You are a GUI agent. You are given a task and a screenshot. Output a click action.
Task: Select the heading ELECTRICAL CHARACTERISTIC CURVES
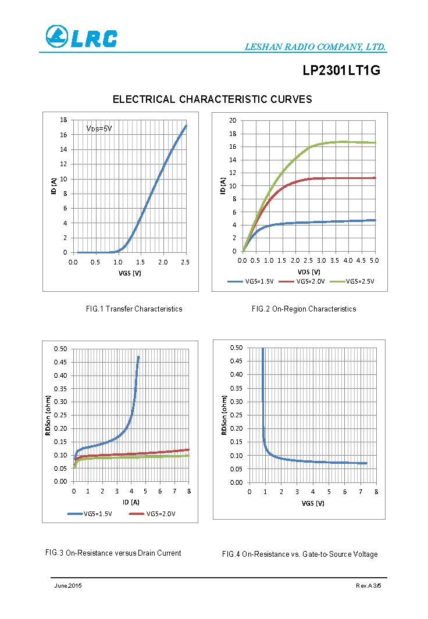click(x=212, y=99)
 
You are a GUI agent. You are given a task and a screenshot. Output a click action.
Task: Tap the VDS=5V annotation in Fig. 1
click(x=99, y=128)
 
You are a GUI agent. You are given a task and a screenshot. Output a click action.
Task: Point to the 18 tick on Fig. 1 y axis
click(x=63, y=120)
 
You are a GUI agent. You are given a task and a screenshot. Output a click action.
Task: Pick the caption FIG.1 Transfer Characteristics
click(x=134, y=309)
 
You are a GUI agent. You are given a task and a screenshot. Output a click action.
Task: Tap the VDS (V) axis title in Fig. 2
click(x=308, y=271)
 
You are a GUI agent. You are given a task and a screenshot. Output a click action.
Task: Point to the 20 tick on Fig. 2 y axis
click(x=233, y=120)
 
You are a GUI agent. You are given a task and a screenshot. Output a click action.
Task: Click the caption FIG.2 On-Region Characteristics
click(x=304, y=309)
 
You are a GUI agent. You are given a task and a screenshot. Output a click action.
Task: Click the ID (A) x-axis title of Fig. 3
click(x=131, y=502)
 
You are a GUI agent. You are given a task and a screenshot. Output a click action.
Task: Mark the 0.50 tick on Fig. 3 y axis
click(x=60, y=349)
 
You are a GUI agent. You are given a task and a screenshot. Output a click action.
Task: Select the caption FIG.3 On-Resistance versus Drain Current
click(x=113, y=553)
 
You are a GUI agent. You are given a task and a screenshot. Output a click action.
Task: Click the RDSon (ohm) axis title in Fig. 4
click(x=224, y=414)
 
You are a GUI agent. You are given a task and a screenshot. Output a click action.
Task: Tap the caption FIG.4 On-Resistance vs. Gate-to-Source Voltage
click(x=299, y=554)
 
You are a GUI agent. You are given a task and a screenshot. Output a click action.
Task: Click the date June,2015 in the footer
click(x=68, y=585)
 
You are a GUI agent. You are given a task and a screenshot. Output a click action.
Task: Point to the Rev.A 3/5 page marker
click(x=368, y=585)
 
